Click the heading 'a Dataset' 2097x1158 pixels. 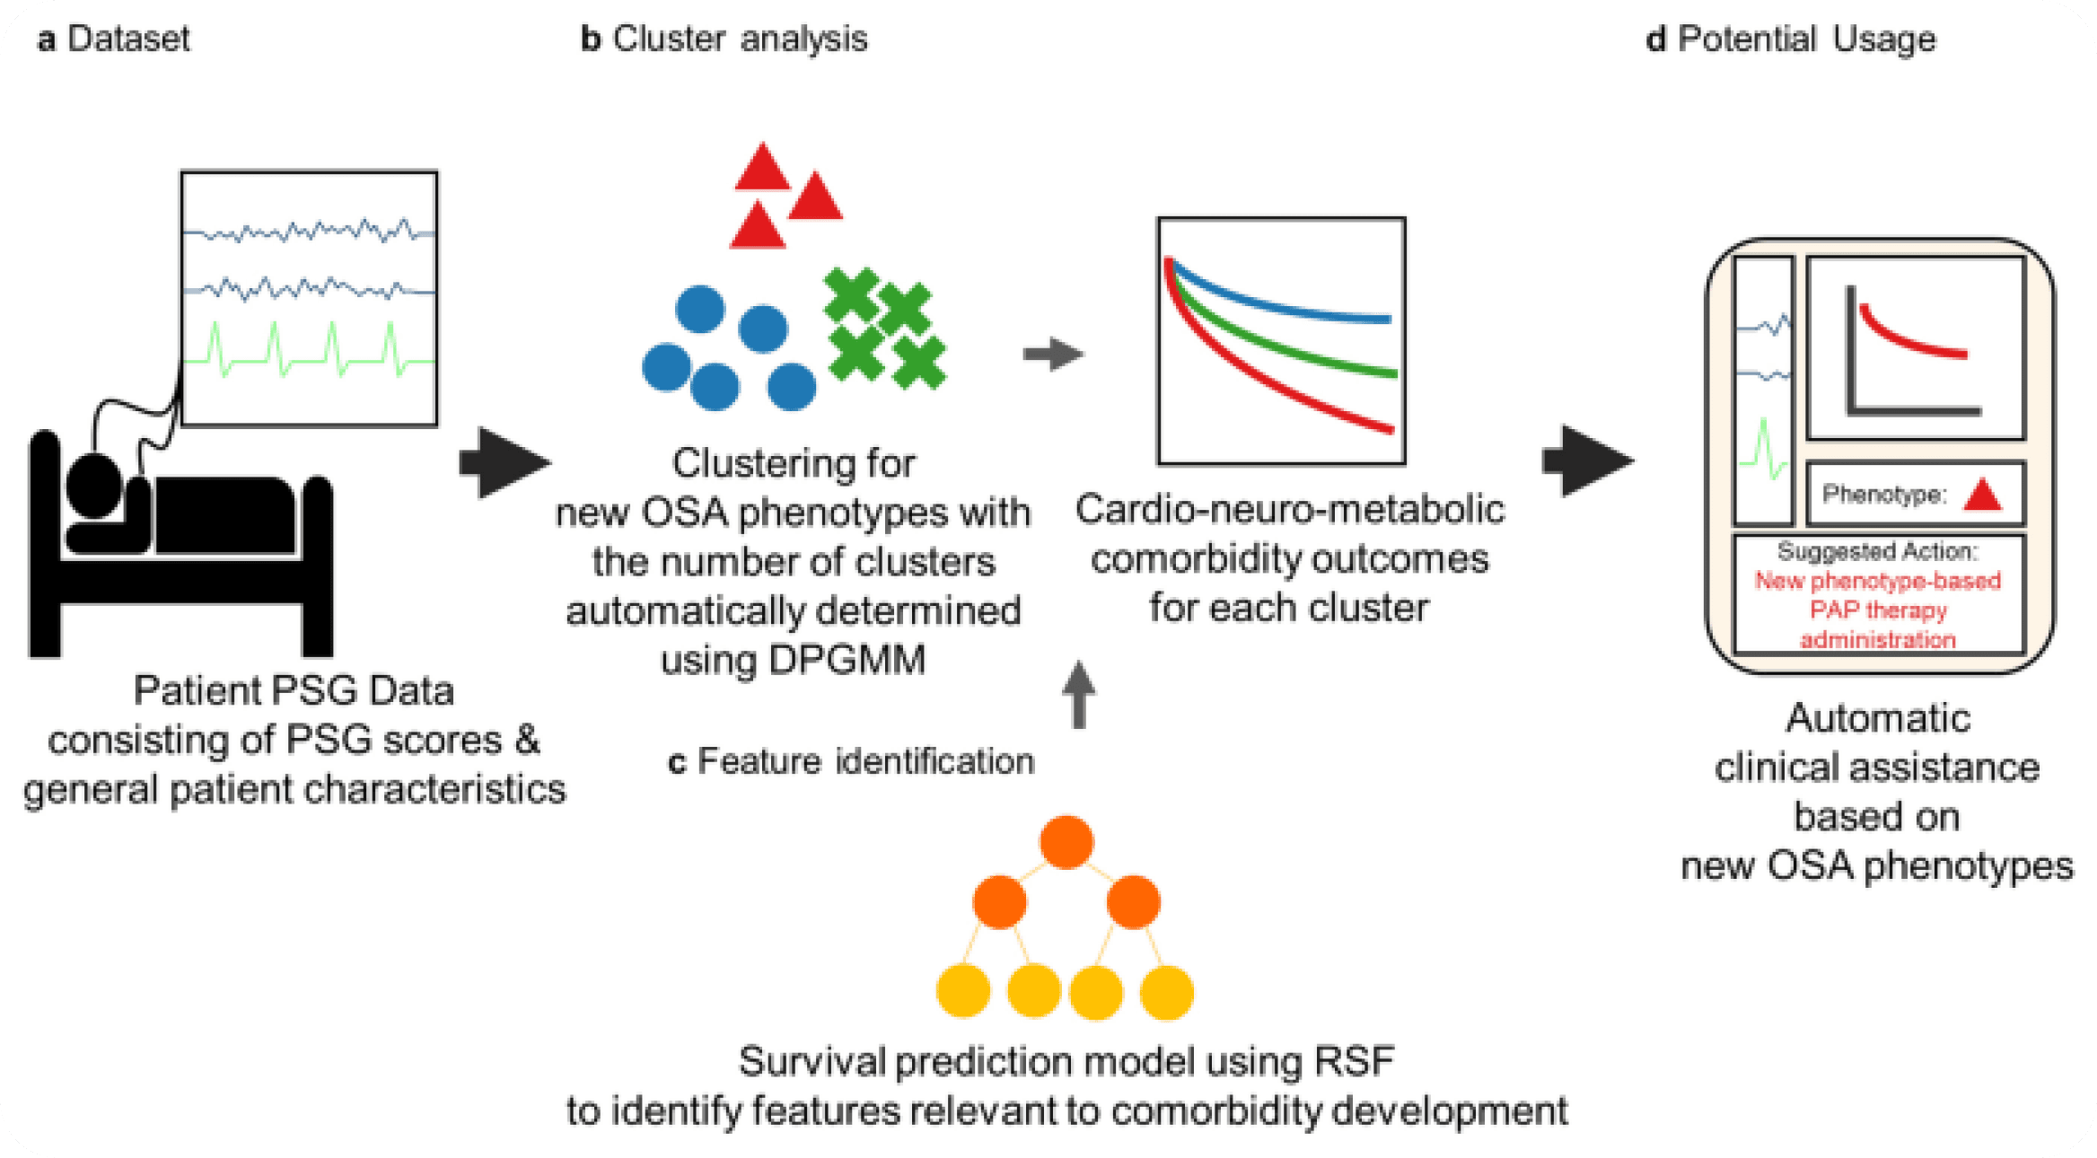coord(114,39)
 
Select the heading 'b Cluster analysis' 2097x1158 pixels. coord(724,39)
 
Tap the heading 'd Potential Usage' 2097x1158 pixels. coord(1791,39)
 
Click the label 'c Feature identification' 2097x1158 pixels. coord(851,762)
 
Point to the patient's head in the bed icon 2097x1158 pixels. coord(93,485)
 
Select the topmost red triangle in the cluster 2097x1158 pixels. coord(762,169)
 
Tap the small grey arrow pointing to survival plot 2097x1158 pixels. coord(1053,354)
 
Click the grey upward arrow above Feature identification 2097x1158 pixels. coord(1079,695)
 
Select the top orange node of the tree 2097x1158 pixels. coord(1066,842)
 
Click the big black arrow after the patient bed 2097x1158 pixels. coord(504,463)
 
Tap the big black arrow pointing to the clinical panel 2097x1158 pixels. coord(1587,461)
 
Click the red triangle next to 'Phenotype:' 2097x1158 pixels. coord(1983,496)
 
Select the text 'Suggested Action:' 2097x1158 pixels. coord(1878,551)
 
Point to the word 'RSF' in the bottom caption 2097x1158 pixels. coord(1354,1062)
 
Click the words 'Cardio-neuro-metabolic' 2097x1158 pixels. coord(1289,510)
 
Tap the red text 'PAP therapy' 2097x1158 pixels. coord(1878,610)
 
